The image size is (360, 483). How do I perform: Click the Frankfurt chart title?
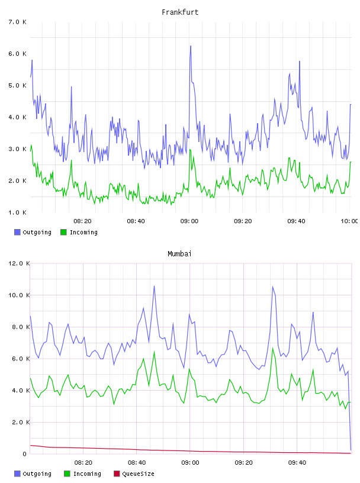tap(180, 12)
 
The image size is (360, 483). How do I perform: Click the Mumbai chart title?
tap(179, 254)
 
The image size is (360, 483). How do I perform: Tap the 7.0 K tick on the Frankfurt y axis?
tap(17, 22)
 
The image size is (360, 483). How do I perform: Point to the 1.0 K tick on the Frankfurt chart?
tap(17, 212)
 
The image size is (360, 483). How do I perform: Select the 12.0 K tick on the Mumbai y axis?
tap(19, 263)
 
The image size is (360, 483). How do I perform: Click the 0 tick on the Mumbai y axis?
tap(25, 454)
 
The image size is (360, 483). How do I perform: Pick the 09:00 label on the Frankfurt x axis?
tap(189, 221)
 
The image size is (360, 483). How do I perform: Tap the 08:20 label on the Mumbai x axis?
tap(83, 463)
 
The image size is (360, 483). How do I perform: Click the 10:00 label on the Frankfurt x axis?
tap(349, 221)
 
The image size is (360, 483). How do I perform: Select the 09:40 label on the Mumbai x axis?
tap(297, 463)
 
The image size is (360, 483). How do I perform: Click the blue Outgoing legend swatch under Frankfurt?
tap(17, 232)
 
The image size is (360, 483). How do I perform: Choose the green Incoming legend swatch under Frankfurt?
tap(63, 232)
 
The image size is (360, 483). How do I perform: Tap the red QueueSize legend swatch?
tap(117, 474)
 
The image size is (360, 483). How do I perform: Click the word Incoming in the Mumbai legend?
tap(87, 474)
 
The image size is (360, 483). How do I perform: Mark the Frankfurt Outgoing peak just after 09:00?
tap(191, 46)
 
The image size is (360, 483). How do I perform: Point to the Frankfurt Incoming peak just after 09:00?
tap(190, 150)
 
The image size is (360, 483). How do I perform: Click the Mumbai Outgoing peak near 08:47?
tap(154, 286)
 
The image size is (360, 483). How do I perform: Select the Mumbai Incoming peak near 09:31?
tap(272, 349)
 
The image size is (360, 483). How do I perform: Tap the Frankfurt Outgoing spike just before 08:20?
tap(71, 87)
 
